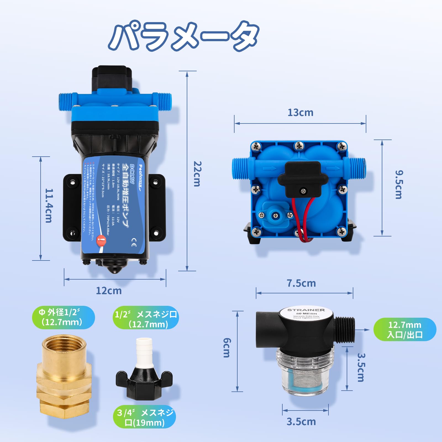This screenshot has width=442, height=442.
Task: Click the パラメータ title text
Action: [x=183, y=36]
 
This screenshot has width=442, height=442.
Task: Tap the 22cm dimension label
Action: [x=197, y=174]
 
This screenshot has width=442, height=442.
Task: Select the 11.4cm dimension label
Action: [x=49, y=206]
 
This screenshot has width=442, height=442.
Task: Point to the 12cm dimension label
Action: [x=109, y=291]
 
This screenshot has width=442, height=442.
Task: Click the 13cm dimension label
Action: [x=300, y=113]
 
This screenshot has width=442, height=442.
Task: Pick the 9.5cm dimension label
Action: [x=399, y=185]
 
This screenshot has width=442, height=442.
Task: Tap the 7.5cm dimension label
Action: [x=301, y=283]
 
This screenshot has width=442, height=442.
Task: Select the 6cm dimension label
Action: [x=226, y=348]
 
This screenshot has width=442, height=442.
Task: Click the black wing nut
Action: [x=144, y=383]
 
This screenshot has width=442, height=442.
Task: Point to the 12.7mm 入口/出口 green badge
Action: [x=405, y=330]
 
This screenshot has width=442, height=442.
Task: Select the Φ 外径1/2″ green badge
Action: [x=64, y=317]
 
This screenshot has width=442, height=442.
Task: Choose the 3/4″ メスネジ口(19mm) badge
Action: [x=144, y=418]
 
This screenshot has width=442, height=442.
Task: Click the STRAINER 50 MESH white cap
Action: [x=306, y=314]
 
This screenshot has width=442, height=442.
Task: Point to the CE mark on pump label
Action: [x=134, y=244]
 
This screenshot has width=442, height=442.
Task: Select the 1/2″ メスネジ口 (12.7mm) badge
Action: [x=146, y=318]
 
